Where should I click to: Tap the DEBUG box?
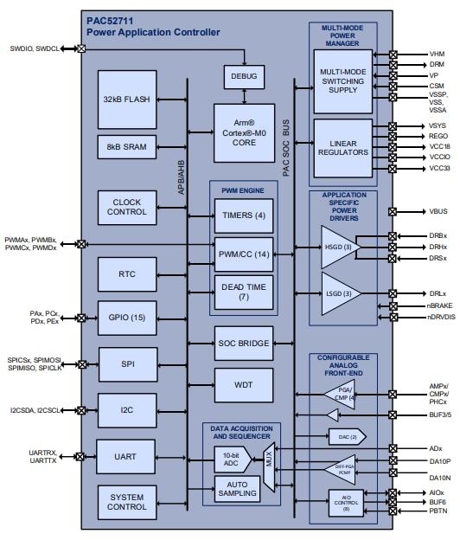(x=244, y=76)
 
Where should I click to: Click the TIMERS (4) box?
(x=243, y=215)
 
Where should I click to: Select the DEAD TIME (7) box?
(x=243, y=292)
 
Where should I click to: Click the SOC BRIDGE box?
(x=243, y=344)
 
